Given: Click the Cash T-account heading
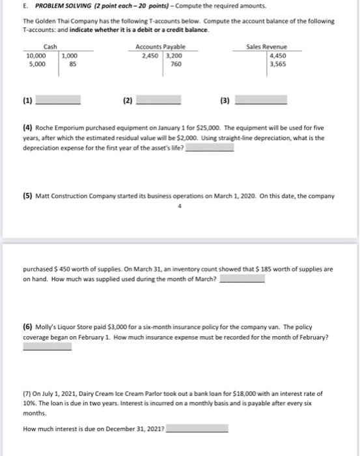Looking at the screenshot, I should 49,47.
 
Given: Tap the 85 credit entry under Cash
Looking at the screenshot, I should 72,64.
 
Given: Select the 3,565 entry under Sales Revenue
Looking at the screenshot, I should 277,64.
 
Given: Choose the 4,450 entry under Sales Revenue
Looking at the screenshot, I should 277,56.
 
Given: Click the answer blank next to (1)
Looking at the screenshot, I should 58,102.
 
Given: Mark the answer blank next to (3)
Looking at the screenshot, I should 260,102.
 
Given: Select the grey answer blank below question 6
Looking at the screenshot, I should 48,347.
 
